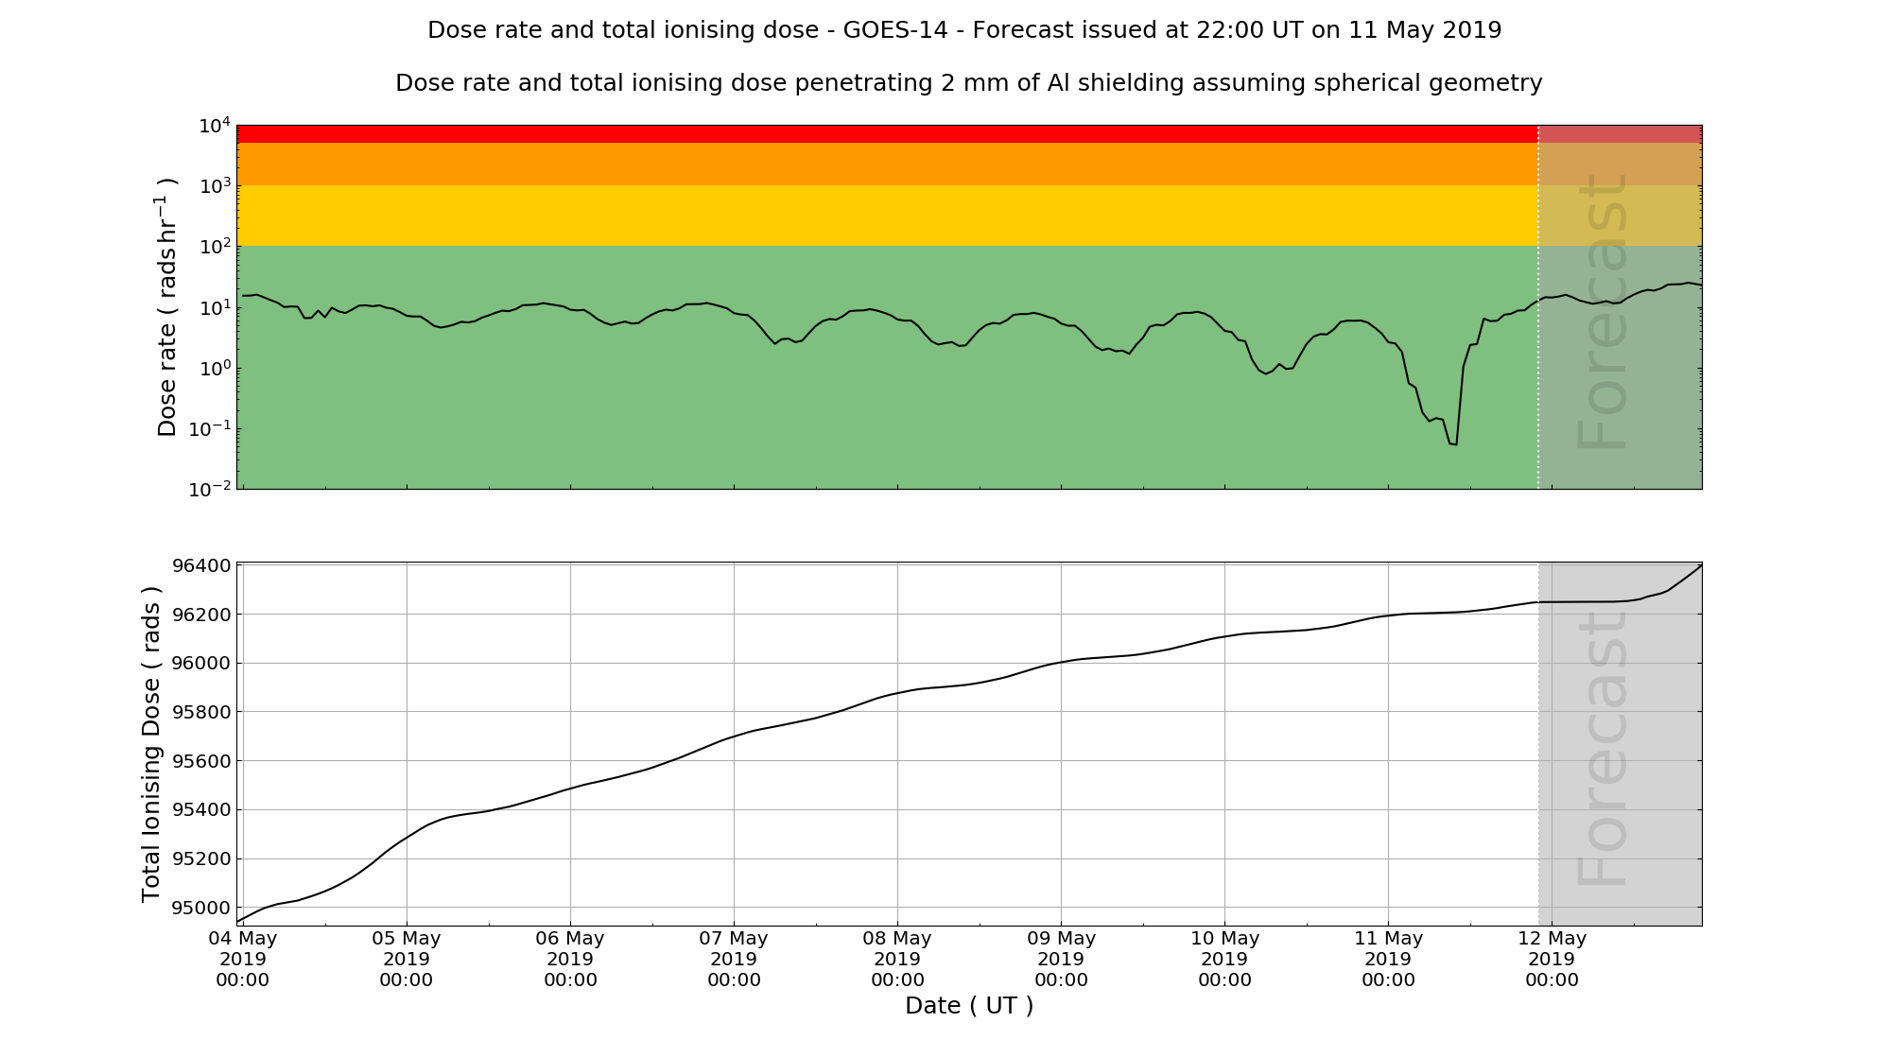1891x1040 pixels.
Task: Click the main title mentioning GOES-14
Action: pyautogui.click(x=964, y=30)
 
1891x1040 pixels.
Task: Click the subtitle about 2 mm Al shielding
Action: pyautogui.click(x=968, y=83)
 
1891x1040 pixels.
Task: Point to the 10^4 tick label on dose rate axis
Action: pyautogui.click(x=215, y=125)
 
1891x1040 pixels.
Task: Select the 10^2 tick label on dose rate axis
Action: pyautogui.click(x=215, y=247)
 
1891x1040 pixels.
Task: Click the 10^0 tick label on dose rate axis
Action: pyautogui.click(x=215, y=369)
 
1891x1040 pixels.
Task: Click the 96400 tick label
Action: pyautogui.click(x=201, y=565)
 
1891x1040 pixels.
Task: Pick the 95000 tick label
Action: pyautogui.click(x=201, y=908)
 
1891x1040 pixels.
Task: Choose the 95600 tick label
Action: pyautogui.click(x=201, y=761)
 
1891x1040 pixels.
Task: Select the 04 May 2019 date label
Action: pyautogui.click(x=243, y=959)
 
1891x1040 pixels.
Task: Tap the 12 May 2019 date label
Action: pyautogui.click(x=1552, y=959)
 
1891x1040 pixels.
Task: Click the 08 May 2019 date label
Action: pyautogui.click(x=897, y=959)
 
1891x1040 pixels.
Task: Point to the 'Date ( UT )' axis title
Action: pyautogui.click(x=969, y=1006)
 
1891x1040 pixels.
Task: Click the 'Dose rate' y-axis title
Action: pyautogui.click(x=167, y=307)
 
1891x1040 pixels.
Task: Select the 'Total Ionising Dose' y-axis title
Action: pyautogui.click(x=151, y=744)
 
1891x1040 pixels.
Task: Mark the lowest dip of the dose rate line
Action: pyautogui.click(x=1454, y=443)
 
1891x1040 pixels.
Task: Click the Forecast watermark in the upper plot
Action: pyautogui.click(x=1603, y=312)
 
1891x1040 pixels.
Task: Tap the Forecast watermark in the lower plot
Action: pyautogui.click(x=1603, y=747)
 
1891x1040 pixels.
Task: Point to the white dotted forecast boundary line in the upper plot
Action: pyautogui.click(x=1538, y=378)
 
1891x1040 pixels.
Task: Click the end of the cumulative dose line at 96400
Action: pyautogui.click(x=1701, y=565)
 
